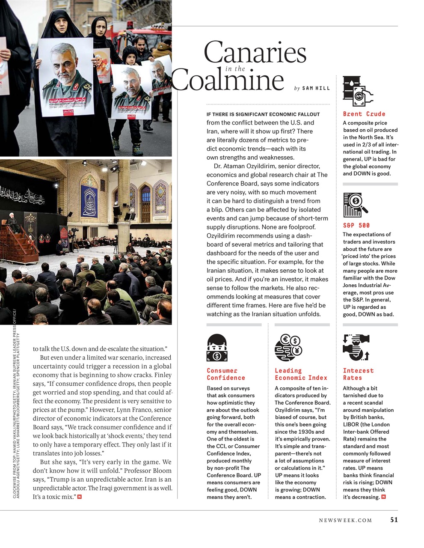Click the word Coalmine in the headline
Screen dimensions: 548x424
(x=228, y=80)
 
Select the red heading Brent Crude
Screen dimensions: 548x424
(x=364, y=114)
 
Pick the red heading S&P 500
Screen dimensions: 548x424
(x=356, y=225)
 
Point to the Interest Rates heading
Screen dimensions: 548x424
(x=358, y=374)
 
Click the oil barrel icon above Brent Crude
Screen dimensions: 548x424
(x=358, y=91)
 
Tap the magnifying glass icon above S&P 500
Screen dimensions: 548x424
(x=356, y=205)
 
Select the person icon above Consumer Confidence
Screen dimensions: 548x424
(x=217, y=348)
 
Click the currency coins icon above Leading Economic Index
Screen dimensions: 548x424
(x=288, y=348)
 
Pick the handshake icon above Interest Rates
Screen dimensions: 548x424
(x=356, y=347)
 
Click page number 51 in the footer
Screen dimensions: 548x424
(x=394, y=520)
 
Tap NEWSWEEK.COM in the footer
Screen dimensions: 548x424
(x=345, y=520)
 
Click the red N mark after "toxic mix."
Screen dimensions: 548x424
(x=80, y=497)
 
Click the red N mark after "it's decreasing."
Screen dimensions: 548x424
(x=383, y=497)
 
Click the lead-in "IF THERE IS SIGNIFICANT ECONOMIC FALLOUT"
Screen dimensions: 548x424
(x=263, y=114)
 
